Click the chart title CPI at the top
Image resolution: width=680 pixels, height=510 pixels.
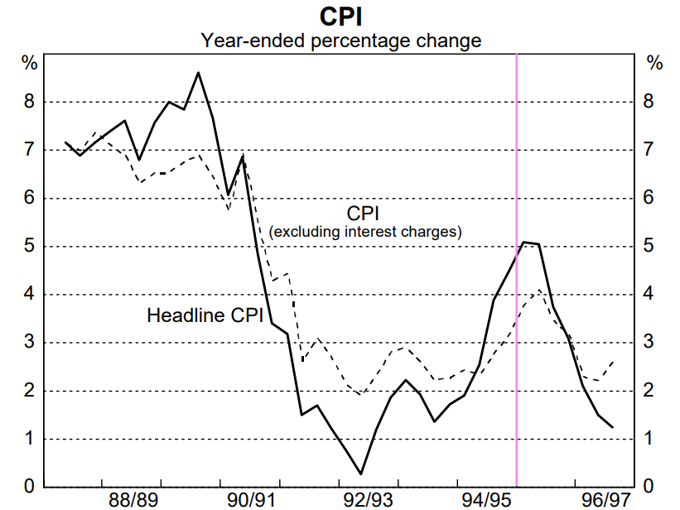coord(340,17)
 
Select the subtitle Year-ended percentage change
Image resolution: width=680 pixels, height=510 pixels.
coord(340,40)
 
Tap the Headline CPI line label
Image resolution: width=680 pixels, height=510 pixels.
coord(205,315)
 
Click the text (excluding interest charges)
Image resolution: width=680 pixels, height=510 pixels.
coord(364,232)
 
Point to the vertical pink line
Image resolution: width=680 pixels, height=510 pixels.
coord(517,273)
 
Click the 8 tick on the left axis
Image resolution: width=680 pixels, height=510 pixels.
coord(29,103)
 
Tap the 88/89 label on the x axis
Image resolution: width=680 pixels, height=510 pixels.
coord(133,499)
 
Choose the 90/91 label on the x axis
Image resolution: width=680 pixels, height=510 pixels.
coord(251,499)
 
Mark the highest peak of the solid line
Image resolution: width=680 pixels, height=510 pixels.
coord(198,73)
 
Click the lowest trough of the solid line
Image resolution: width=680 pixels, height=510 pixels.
coord(360,474)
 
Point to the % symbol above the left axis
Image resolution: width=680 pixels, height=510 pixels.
coord(29,63)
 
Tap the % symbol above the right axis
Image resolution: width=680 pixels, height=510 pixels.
coord(654,63)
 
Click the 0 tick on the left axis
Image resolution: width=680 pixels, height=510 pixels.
coord(29,487)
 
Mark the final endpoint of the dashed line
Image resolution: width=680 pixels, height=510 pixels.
coord(614,361)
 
